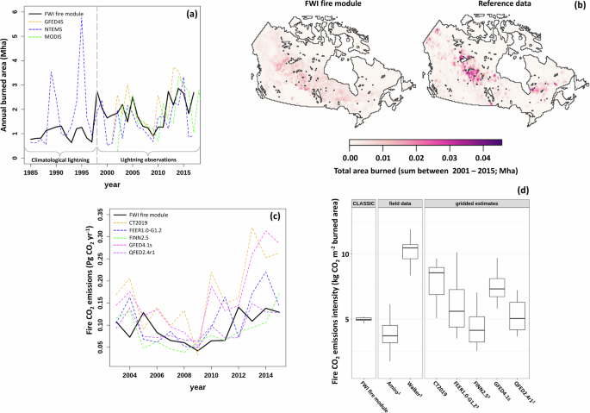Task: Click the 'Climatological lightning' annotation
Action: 60,160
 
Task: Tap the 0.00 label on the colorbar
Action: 350,158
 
